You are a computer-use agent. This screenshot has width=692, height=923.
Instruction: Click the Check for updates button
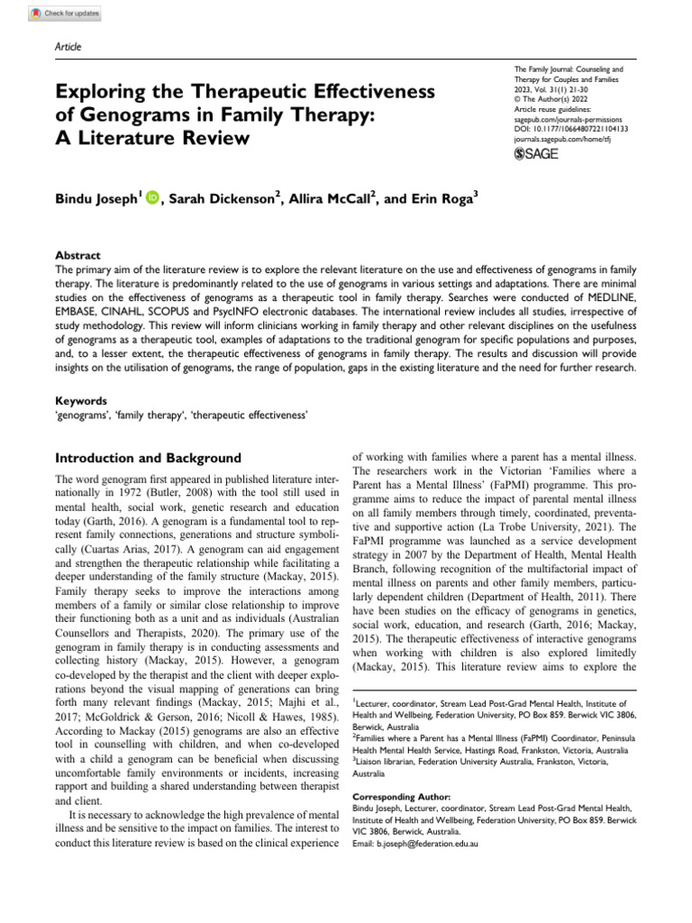click(x=65, y=14)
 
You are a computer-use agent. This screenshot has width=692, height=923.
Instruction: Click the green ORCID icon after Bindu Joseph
click(x=150, y=198)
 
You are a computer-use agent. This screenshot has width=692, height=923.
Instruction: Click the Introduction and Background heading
click(x=149, y=458)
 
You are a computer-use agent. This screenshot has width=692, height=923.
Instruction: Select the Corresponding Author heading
click(x=396, y=797)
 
